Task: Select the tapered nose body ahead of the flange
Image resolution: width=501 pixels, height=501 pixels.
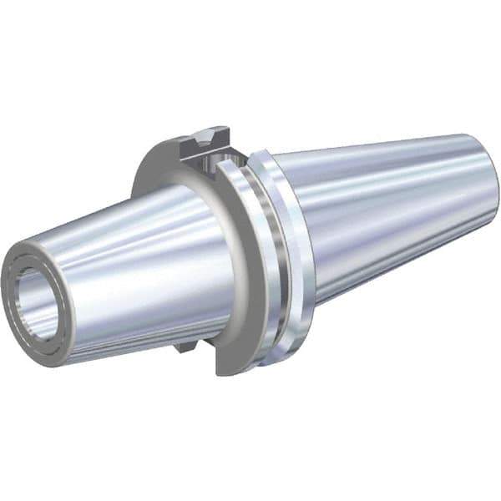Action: tap(134, 267)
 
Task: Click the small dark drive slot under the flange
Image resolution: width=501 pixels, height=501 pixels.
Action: tap(185, 342)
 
